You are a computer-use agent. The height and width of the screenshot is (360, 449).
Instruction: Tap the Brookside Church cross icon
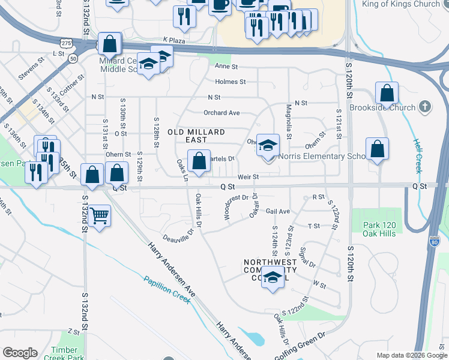[425, 107]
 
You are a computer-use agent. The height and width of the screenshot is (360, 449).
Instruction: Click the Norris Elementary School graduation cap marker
[268, 145]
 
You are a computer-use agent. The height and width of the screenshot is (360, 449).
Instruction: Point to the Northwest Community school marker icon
[273, 278]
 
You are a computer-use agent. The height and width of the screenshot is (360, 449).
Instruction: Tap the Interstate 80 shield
[435, 242]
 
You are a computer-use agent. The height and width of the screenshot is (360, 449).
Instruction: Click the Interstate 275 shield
[66, 43]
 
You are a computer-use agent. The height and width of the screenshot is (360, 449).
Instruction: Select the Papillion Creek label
[167, 289]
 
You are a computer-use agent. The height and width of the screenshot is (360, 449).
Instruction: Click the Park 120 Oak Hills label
[379, 229]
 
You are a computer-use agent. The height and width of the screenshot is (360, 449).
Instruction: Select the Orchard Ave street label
[221, 113]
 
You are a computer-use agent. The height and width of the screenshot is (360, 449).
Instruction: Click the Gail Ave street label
[278, 211]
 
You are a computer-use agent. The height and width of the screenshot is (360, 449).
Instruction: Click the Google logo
[20, 353]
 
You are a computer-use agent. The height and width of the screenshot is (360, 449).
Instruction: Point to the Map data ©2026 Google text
[411, 355]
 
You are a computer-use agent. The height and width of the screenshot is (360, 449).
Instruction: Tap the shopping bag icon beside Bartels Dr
[199, 160]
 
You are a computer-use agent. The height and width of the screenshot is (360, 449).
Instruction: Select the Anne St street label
[227, 67]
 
